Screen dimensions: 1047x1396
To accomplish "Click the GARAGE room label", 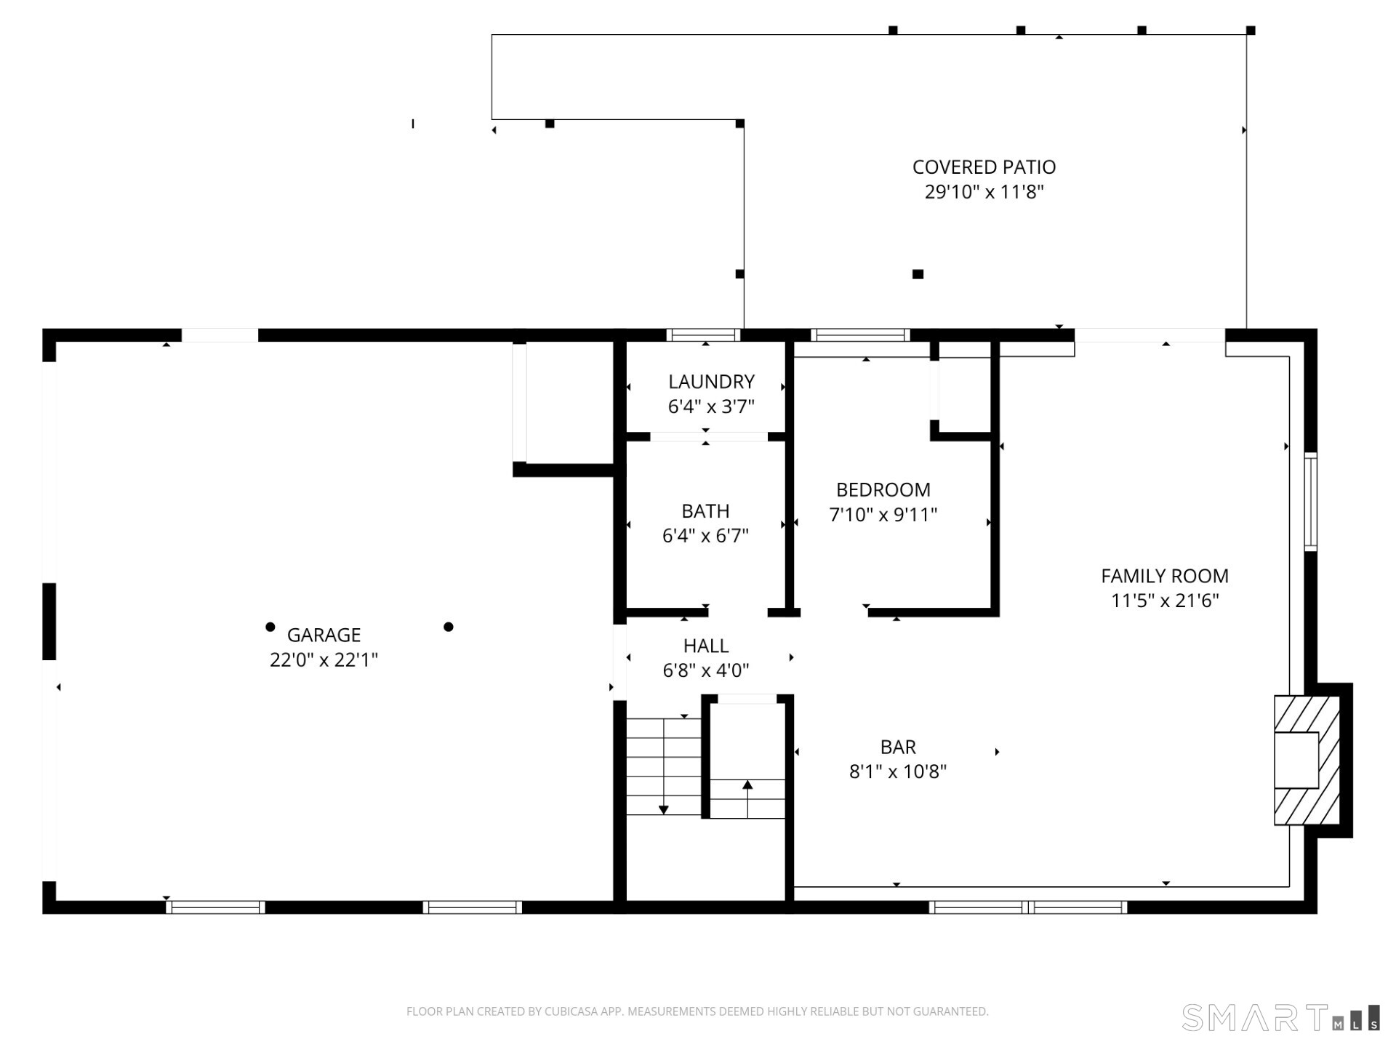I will [x=324, y=635].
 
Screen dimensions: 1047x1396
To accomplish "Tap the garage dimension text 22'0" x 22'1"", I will [x=324, y=659].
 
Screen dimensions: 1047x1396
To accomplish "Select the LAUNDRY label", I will [x=711, y=382].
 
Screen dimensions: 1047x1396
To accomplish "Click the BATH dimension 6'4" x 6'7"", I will [x=705, y=536].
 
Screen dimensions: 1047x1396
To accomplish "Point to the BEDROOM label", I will [x=883, y=489].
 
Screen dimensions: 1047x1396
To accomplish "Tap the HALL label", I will [x=705, y=646].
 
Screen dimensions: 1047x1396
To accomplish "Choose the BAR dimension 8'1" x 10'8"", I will [x=897, y=771].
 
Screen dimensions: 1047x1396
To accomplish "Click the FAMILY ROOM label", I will [x=1164, y=576].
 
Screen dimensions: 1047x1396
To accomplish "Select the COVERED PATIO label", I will [x=984, y=167].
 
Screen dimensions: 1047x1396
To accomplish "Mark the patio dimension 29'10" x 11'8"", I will [x=984, y=192].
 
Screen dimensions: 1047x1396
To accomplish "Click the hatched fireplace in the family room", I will [x=1306, y=760].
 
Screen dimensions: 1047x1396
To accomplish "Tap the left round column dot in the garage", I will [x=270, y=627].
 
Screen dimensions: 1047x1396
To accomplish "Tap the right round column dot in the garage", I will [x=449, y=627].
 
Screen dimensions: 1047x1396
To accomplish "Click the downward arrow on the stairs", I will [x=663, y=809].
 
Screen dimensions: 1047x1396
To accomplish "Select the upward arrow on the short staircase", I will [x=747, y=785].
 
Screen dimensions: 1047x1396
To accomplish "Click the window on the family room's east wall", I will [x=1310, y=501].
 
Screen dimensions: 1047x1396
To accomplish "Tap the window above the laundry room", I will [x=703, y=335].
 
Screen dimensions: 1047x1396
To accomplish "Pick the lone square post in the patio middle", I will [x=918, y=274].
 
